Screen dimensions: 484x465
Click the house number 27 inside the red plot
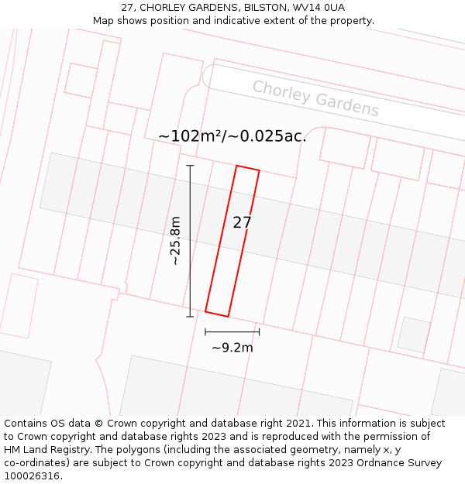(242, 223)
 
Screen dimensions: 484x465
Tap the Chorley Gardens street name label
(315, 98)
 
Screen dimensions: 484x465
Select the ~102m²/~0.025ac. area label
(232, 136)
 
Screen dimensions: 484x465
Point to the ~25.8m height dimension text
(176, 241)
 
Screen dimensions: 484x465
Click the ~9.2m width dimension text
(232, 348)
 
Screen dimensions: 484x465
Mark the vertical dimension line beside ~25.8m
(190, 241)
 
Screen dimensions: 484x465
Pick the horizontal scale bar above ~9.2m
(232, 331)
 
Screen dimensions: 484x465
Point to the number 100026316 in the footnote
(32, 476)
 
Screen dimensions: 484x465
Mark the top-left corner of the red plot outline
(236, 166)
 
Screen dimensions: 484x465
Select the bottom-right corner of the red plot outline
(228, 317)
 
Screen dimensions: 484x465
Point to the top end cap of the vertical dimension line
(190, 165)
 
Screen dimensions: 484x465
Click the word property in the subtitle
(350, 20)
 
